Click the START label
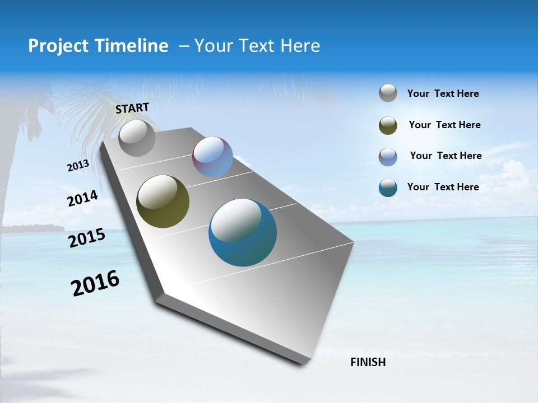(x=132, y=108)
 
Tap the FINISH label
(x=368, y=362)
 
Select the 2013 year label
(x=78, y=166)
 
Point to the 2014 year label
(x=82, y=198)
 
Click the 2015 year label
(x=87, y=238)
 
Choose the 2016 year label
(x=95, y=283)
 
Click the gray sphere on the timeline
(x=137, y=138)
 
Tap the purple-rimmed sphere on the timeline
(x=212, y=157)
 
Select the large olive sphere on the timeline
(x=163, y=201)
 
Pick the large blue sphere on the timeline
(x=242, y=232)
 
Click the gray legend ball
(x=388, y=93)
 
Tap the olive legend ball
(x=388, y=125)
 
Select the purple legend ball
(x=388, y=157)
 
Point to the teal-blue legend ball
(x=388, y=188)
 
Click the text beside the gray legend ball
(x=443, y=93)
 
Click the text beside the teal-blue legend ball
(x=443, y=187)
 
